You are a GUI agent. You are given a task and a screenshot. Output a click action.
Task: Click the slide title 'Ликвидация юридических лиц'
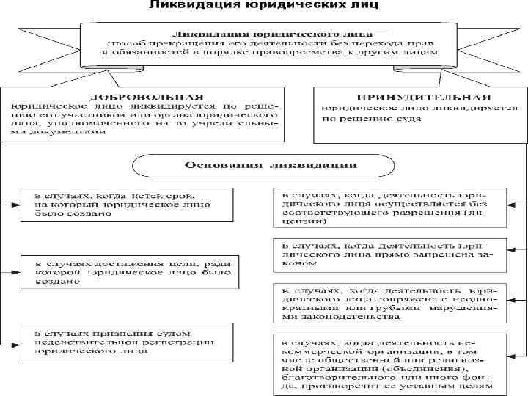[x=263, y=7]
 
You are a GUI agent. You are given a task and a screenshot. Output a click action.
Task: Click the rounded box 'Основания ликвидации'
[x=266, y=165]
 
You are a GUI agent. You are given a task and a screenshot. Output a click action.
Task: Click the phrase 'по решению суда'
[x=359, y=117]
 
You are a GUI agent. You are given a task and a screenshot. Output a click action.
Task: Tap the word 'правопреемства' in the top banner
[x=304, y=53]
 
